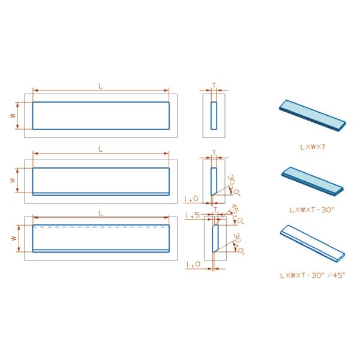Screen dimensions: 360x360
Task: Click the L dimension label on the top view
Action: [100, 86]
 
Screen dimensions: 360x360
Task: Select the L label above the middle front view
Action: [100, 148]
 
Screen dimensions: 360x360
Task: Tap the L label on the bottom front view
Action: [100, 212]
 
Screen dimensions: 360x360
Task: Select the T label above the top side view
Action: [214, 86]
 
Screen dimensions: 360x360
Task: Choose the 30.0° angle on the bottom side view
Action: [238, 243]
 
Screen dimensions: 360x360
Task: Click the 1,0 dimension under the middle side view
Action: [191, 198]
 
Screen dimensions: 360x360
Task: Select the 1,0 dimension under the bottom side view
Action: [192, 263]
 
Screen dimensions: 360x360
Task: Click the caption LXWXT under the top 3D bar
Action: [312, 145]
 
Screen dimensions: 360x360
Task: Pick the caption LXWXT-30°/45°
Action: [312, 274]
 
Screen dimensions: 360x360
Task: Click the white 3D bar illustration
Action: [312, 244]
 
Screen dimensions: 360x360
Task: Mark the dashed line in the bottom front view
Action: [100, 227]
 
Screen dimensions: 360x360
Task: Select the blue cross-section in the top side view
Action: [214, 115]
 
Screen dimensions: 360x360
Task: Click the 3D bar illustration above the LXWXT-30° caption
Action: [312, 181]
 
